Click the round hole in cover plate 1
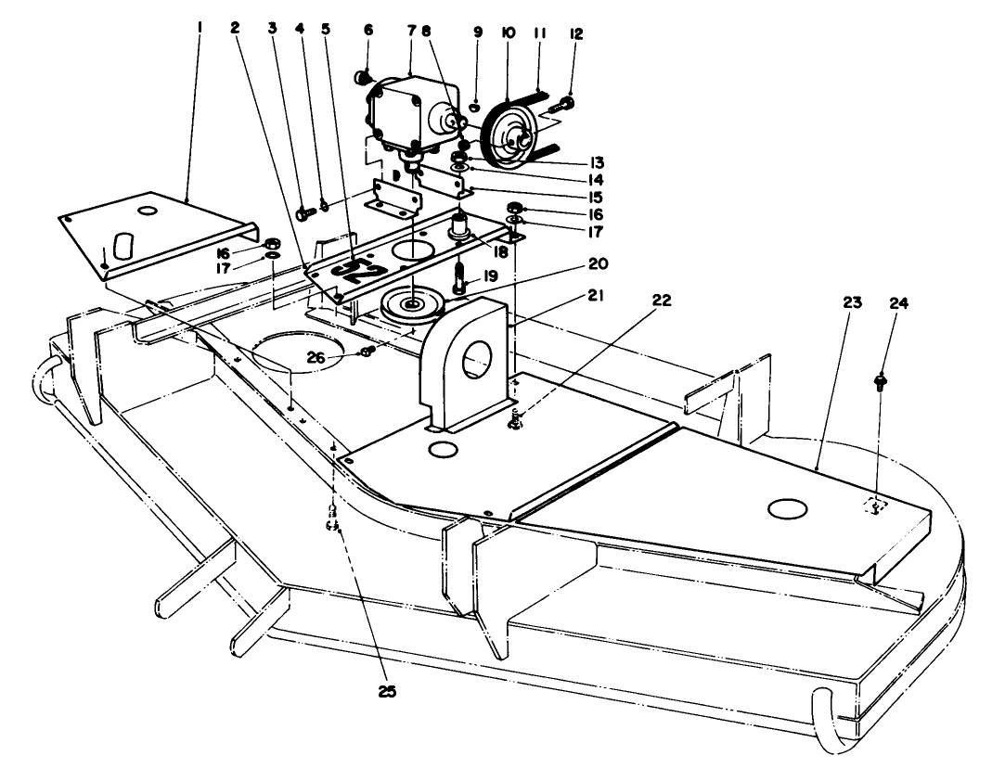pos(145,211)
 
